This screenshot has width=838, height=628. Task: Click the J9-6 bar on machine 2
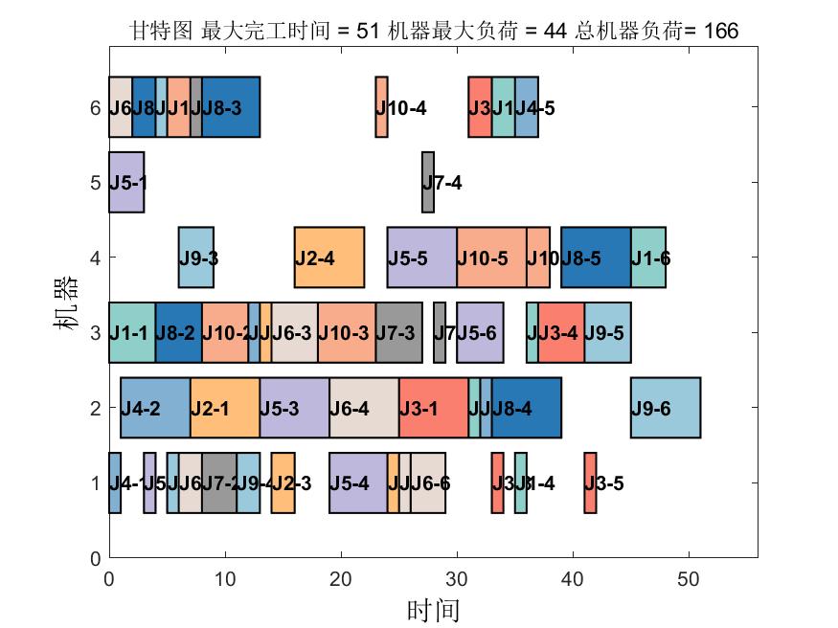tap(665, 408)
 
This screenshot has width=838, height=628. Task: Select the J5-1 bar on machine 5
tap(125, 182)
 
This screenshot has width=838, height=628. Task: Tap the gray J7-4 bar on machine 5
tap(428, 182)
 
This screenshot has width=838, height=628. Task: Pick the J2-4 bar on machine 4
tap(329, 258)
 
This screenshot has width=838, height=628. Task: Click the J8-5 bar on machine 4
tap(596, 258)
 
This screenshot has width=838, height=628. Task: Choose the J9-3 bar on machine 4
tap(196, 258)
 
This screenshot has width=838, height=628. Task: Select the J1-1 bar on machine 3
tap(132, 332)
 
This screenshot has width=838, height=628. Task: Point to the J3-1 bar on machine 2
tap(434, 408)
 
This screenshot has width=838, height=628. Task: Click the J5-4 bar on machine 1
tap(358, 483)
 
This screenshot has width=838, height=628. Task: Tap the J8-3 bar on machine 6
tap(231, 107)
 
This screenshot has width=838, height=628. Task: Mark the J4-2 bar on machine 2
tap(155, 408)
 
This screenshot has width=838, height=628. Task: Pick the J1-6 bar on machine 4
tap(648, 258)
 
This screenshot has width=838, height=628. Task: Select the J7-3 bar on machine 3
tap(399, 332)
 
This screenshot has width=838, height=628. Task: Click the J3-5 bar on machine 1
tap(590, 483)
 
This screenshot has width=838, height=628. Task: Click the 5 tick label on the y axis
tap(95, 182)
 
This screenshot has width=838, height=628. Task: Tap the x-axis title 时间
tap(433, 610)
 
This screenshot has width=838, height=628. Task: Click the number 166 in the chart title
tap(720, 32)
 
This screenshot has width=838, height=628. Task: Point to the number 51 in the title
tap(367, 32)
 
